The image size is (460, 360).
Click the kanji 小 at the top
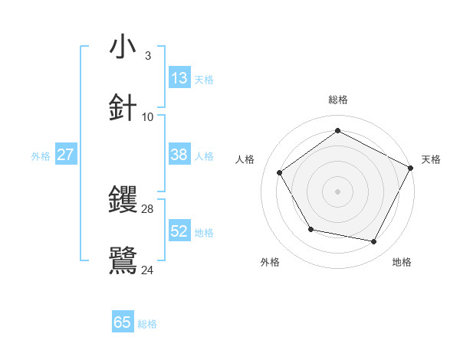pyautogui.click(x=123, y=47)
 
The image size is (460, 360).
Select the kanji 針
pyautogui.click(x=123, y=108)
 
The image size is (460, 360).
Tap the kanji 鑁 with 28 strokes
pyautogui.click(x=123, y=200)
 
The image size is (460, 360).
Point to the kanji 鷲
pyautogui.click(x=123, y=260)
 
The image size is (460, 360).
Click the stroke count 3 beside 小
pyautogui.click(x=147, y=55)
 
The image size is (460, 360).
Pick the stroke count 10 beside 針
pyautogui.click(x=147, y=116)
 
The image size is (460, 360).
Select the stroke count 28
pyautogui.click(x=147, y=208)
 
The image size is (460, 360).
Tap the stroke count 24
pyautogui.click(x=147, y=270)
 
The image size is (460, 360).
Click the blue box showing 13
pyautogui.click(x=179, y=77)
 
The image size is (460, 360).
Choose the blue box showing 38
pyautogui.click(x=179, y=155)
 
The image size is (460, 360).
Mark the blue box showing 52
pyautogui.click(x=179, y=231)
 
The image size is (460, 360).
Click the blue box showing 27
pyautogui.click(x=65, y=155)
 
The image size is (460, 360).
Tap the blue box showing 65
pyautogui.click(x=123, y=322)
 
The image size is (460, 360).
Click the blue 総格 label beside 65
pyautogui.click(x=147, y=324)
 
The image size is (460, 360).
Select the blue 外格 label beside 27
pyautogui.click(x=41, y=156)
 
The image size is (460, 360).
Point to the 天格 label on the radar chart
pyautogui.click(x=431, y=159)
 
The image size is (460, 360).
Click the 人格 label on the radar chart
pyautogui.click(x=245, y=159)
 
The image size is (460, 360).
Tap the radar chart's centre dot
pyautogui.click(x=337, y=191)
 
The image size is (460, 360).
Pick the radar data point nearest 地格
pyautogui.click(x=374, y=242)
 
